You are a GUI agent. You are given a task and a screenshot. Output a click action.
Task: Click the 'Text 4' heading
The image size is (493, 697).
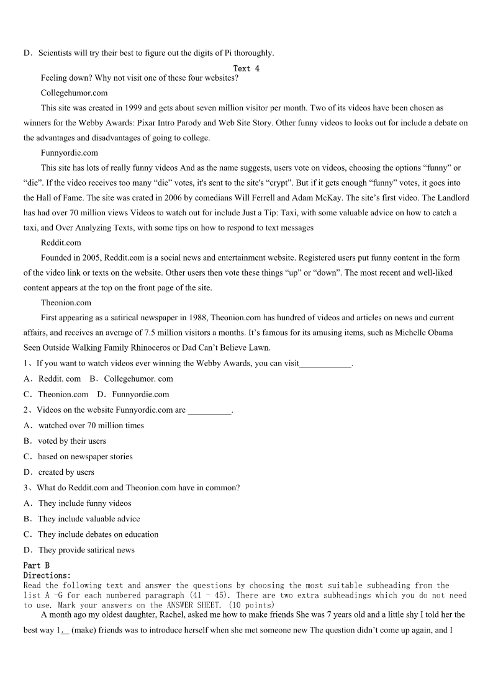(x=246, y=68)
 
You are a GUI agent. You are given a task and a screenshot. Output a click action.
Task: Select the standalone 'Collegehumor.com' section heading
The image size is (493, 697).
(x=74, y=92)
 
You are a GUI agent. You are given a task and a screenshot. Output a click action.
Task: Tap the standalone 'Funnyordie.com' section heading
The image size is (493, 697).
(x=69, y=153)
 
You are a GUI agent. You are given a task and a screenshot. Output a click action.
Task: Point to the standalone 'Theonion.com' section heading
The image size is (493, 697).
(x=66, y=303)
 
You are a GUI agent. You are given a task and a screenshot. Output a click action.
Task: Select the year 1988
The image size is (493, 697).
(x=198, y=318)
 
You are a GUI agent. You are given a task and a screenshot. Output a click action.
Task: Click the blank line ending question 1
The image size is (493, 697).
(x=325, y=364)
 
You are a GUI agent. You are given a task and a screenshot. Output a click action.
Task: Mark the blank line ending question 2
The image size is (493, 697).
(x=209, y=410)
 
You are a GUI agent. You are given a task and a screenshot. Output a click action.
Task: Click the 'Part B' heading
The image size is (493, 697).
(x=36, y=565)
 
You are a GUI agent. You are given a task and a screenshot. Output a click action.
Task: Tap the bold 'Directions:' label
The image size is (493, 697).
(x=47, y=575)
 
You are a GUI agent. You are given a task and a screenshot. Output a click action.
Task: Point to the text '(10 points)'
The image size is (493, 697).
(x=251, y=605)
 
